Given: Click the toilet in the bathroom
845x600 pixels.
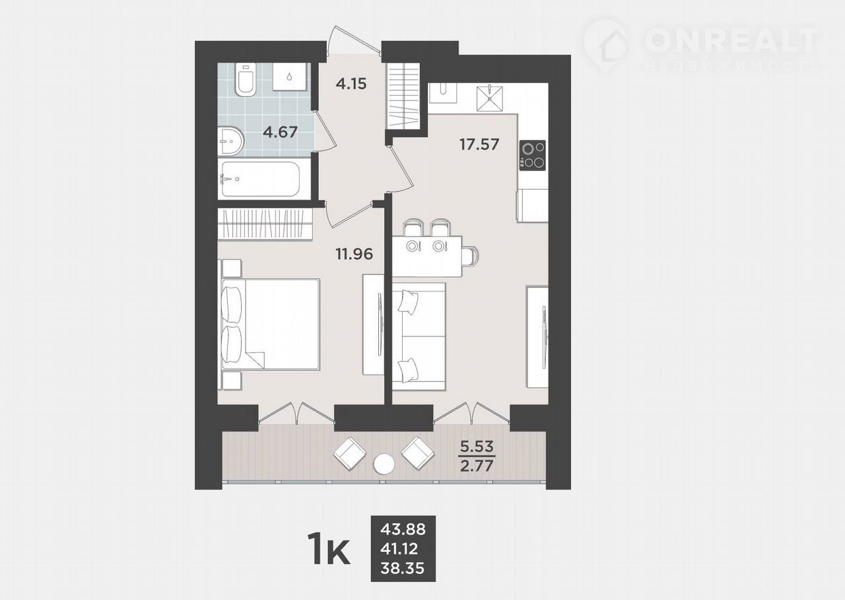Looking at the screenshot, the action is [246, 79].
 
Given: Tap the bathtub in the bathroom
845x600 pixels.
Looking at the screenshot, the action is [260, 179].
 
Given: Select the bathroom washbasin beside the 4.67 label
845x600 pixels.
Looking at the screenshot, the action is [231, 141].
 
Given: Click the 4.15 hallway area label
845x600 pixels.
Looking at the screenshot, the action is [351, 83].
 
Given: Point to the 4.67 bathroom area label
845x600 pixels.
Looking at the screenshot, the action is [281, 132].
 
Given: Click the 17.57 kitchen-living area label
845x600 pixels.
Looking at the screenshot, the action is [479, 144].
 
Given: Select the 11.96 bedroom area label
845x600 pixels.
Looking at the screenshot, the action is [355, 254].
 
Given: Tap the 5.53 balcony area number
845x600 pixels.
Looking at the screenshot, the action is [477, 447].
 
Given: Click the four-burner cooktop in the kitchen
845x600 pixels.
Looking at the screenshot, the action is [532, 155].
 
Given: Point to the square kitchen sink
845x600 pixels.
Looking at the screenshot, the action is [490, 98].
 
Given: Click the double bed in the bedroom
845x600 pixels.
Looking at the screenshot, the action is [270, 324].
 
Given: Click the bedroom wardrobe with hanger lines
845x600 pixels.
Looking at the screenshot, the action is [265, 224].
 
